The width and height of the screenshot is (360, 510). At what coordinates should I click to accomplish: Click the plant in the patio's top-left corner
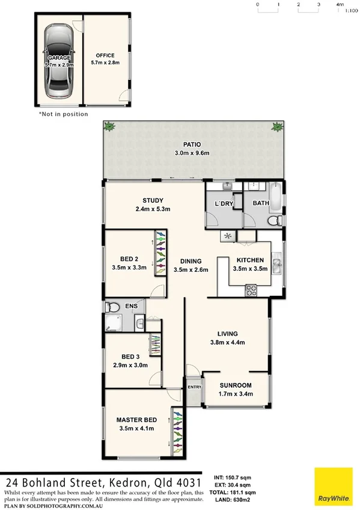pyautogui.click(x=109, y=126)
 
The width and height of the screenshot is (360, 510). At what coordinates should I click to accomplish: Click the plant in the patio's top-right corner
pyautogui.click(x=277, y=126)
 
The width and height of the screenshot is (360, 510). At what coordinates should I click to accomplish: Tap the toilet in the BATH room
pyautogui.click(x=272, y=221)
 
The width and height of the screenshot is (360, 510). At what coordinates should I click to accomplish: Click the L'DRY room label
pyautogui.click(x=224, y=204)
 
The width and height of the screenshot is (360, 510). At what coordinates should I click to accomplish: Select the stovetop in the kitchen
pyautogui.click(x=251, y=290)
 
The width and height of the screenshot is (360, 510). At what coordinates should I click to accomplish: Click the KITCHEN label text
pyautogui.click(x=249, y=260)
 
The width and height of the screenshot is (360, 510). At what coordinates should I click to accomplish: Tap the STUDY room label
pyautogui.click(x=153, y=201)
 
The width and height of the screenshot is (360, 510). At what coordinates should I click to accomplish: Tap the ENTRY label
pyautogui.click(x=194, y=387)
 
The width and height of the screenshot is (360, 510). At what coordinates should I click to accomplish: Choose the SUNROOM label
pyautogui.click(x=235, y=386)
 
